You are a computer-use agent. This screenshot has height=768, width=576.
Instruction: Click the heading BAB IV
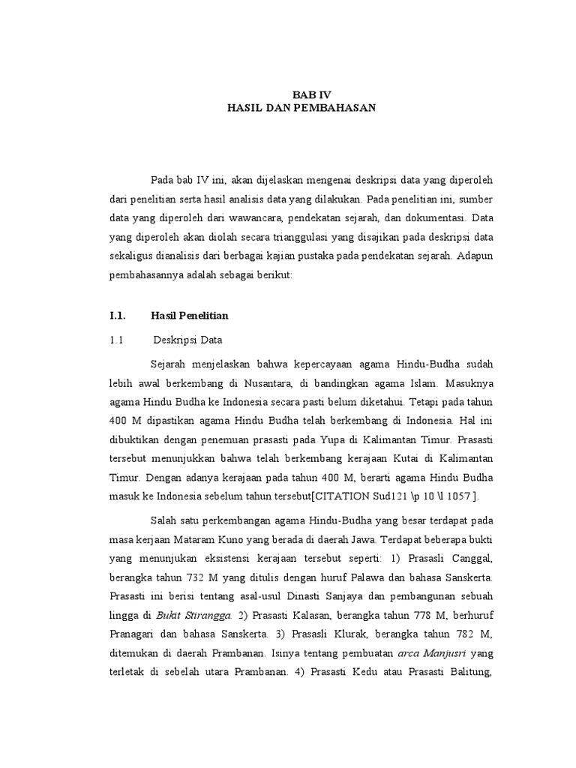[x=311, y=94]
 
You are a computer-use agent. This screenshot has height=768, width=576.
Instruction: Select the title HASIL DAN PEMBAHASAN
[x=301, y=108]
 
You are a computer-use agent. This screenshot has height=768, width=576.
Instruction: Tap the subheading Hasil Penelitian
[x=189, y=316]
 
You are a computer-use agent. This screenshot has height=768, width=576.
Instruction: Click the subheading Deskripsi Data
[x=188, y=340]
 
